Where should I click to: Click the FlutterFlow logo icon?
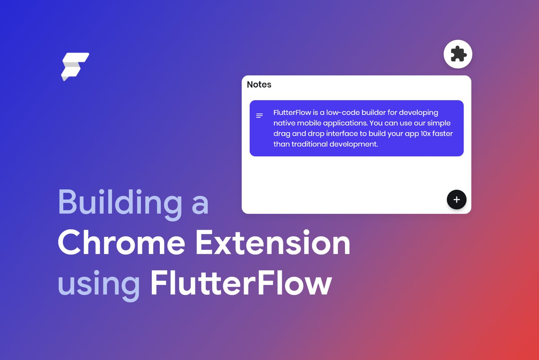75,67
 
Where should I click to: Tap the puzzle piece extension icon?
458,54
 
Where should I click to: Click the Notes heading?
259,84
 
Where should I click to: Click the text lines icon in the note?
259,116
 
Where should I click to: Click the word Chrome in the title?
121,244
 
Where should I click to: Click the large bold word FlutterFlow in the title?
241,283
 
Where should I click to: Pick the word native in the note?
284,123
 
